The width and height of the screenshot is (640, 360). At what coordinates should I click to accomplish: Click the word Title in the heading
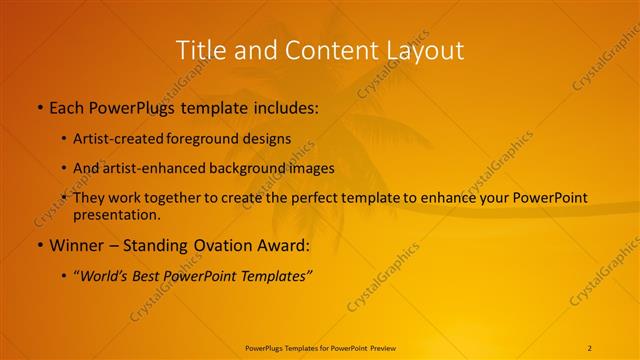[200, 49]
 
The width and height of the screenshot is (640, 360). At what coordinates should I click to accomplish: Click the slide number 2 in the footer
[590, 348]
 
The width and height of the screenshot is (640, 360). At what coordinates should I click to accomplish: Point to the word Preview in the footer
[388, 348]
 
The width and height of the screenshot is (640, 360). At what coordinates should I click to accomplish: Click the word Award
[284, 245]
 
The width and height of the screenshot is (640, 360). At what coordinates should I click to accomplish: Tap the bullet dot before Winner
[39, 245]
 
